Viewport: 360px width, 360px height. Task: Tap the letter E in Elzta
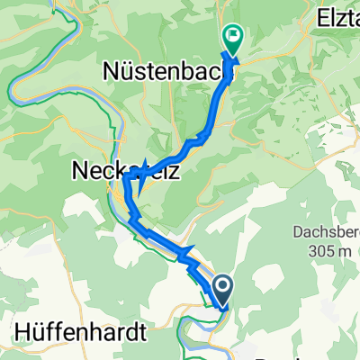point(319,15)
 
